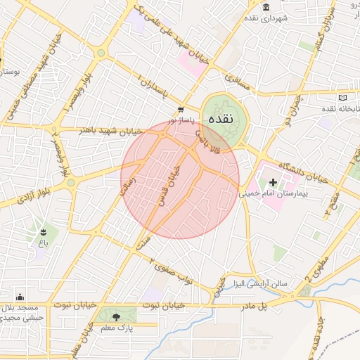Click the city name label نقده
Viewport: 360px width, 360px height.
[x=226, y=118]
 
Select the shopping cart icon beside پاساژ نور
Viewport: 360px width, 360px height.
[x=181, y=109]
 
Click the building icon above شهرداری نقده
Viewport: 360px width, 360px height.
[x=266, y=7]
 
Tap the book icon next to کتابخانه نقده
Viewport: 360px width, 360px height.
[x=342, y=98]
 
